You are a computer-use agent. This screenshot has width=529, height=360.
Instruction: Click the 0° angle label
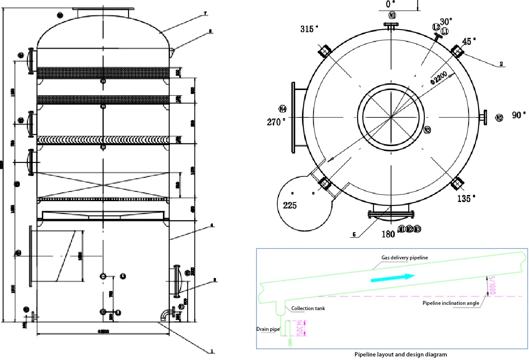tap(390, 4)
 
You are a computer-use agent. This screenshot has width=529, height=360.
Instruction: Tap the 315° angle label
tap(309, 29)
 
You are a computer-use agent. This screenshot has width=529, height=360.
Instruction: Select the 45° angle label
tap(469, 41)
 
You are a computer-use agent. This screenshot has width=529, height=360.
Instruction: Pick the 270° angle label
tap(276, 122)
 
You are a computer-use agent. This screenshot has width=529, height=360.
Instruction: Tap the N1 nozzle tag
tap(393, 16)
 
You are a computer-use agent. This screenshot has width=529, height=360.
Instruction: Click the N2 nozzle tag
tap(499, 117)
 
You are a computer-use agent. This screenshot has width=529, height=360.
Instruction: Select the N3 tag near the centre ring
tap(427, 130)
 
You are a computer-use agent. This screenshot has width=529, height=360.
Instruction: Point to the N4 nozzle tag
tap(283, 109)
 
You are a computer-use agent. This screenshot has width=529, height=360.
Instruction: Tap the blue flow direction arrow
tap(393, 277)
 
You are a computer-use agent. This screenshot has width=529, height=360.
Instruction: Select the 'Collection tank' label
tap(308, 308)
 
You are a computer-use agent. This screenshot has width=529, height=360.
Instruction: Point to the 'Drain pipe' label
tap(268, 329)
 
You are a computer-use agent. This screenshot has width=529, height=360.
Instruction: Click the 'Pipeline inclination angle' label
tap(450, 303)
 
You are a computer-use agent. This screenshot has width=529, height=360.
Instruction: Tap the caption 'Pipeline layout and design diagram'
tap(401, 354)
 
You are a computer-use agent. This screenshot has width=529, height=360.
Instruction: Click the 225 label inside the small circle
tap(290, 206)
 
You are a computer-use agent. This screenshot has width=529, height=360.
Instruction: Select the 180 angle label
tap(388, 234)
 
